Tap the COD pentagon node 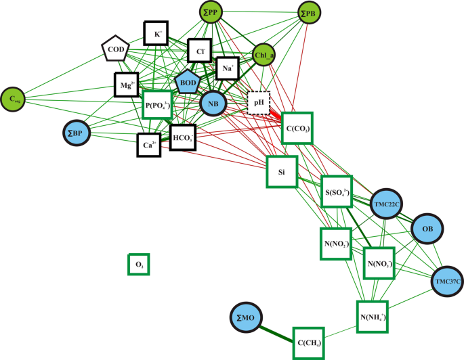(x=114, y=49)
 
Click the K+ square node (x=156, y=33)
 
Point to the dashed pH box (x=258, y=104)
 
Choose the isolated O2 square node (x=139, y=264)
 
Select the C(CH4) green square (x=309, y=343)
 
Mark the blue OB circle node (x=427, y=229)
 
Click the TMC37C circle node (x=448, y=281)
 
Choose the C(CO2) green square (x=297, y=127)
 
